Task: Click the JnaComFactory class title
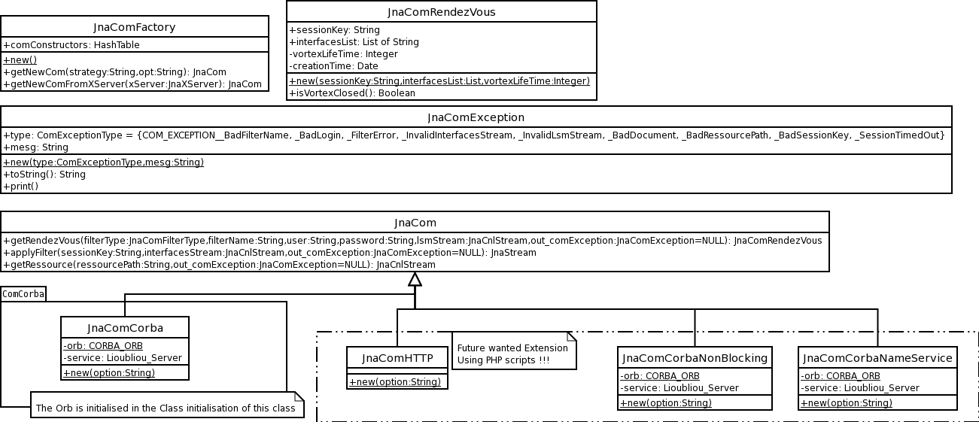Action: click(134, 27)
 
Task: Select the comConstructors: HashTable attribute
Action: click(71, 45)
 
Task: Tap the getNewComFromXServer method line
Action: click(132, 84)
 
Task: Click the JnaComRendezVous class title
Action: click(442, 12)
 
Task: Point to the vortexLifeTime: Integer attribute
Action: click(344, 54)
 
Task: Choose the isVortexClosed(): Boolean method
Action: click(352, 93)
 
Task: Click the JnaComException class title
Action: click(476, 117)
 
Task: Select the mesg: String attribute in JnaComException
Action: click(36, 147)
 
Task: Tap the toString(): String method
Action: click(44, 175)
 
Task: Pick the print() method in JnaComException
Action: click(21, 187)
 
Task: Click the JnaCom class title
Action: click(415, 223)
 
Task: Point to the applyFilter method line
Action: click(269, 253)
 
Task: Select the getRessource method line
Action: click(220, 265)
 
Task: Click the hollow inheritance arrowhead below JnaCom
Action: click(415, 279)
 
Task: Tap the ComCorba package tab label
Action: click(23, 294)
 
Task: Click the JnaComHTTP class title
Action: click(397, 358)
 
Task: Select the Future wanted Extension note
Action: click(514, 351)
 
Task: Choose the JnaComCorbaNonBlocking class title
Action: click(695, 358)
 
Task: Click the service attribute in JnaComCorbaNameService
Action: click(860, 388)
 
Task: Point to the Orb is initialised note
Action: click(167, 405)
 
